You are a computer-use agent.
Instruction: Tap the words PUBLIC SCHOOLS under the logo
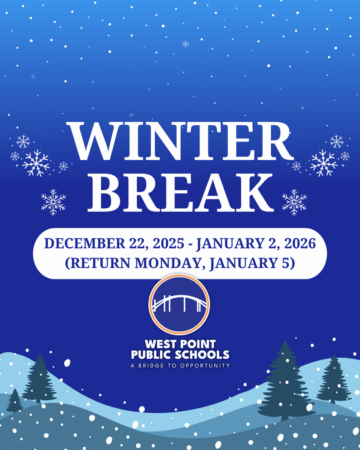pos(180,355)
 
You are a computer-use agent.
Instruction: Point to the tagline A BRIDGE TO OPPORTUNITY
pos(180,366)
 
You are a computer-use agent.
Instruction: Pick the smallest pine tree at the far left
pos(15,400)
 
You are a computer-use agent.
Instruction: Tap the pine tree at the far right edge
pos(334,380)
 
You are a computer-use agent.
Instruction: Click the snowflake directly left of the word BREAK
pos(54,202)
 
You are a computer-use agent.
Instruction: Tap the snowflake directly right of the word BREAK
pos(294,202)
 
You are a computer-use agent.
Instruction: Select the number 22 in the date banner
pos(133,243)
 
